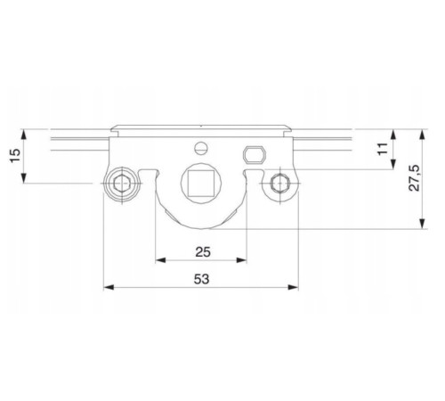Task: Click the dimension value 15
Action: [15, 155]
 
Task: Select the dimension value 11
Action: [383, 149]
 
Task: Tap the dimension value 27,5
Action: [415, 177]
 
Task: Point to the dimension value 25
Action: [203, 252]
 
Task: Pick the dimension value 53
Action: [202, 279]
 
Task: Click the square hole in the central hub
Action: [201, 184]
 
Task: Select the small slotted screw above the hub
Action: [201, 148]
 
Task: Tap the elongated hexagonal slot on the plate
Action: [255, 155]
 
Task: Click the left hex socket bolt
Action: [122, 184]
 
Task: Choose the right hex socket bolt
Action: [279, 184]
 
